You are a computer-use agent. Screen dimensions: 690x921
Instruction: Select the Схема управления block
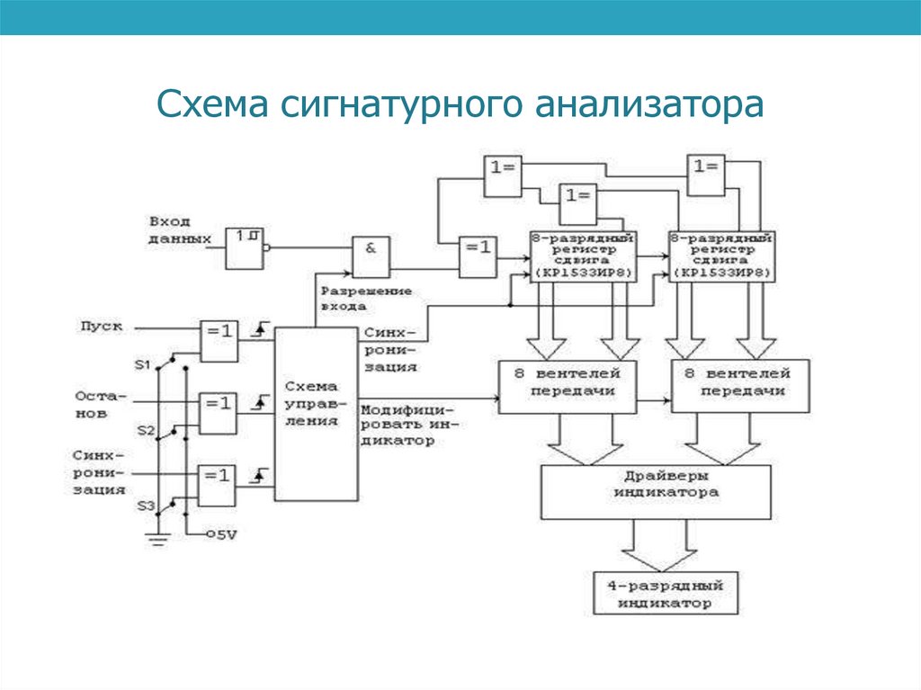tap(315, 413)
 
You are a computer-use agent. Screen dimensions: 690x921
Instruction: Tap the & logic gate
tap(371, 258)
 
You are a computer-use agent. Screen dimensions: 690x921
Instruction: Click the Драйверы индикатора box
tap(656, 491)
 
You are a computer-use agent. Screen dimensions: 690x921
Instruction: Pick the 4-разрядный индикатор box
tap(665, 594)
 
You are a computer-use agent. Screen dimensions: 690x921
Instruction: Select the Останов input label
tap(93, 405)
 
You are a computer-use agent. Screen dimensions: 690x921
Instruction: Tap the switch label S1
tap(142, 364)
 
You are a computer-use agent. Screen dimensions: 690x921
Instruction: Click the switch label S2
tap(145, 431)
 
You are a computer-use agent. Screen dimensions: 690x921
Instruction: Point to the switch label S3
tap(145, 506)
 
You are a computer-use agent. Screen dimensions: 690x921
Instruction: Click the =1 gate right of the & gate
tap(477, 258)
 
